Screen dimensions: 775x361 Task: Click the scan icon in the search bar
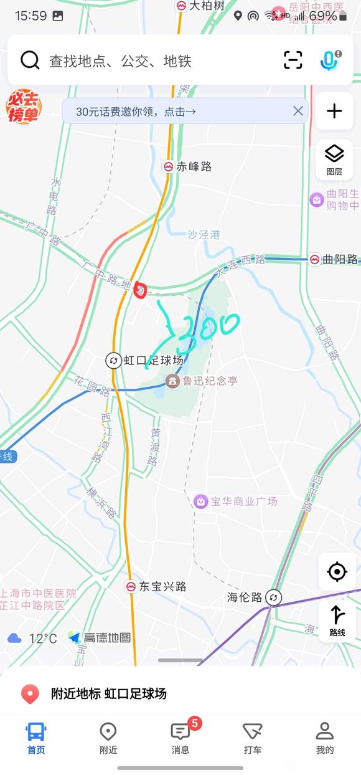[293, 60]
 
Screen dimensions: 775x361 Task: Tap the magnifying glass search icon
[29, 60]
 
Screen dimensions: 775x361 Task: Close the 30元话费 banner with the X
[298, 111]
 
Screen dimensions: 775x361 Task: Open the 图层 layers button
[334, 159]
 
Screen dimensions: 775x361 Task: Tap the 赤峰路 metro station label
[194, 166]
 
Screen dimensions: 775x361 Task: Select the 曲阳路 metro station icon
[315, 259]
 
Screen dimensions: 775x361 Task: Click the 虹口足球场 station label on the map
[153, 361]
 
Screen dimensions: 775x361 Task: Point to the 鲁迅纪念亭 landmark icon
[172, 380]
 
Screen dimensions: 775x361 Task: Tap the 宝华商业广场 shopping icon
[200, 501]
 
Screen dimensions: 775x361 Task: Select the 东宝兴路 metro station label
[162, 586]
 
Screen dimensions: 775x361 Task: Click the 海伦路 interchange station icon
[273, 598]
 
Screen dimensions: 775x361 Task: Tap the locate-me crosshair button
[337, 571]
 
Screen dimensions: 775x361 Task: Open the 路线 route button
[337, 621]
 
